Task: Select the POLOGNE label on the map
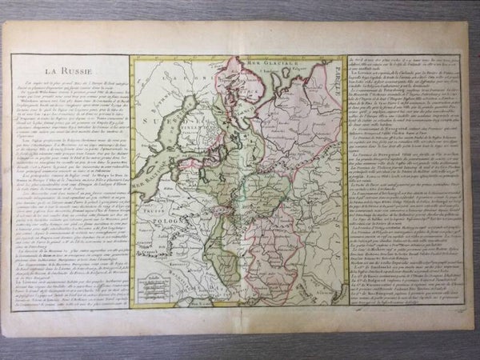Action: tap(162, 214)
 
